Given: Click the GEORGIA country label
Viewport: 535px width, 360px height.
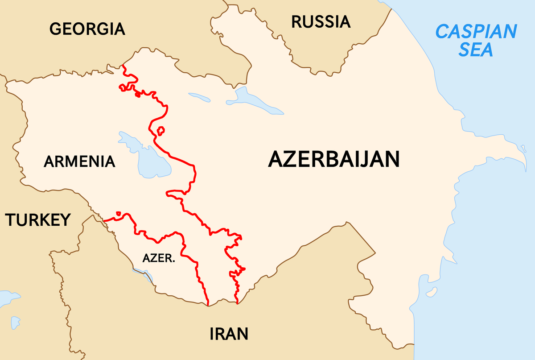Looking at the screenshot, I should point(87,29).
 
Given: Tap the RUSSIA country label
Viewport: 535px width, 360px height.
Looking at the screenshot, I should point(321,21).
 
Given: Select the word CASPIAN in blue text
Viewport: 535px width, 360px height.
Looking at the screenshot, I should point(476,32).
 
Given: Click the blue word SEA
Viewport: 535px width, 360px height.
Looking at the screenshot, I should point(476,50).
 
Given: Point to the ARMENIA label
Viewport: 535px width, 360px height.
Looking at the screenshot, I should point(79,161).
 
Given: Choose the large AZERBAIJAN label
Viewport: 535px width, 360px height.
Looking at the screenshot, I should point(333,159).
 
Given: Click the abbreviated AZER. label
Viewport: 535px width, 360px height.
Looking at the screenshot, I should point(158,258).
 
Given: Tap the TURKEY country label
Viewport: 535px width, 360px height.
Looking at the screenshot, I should point(38,219).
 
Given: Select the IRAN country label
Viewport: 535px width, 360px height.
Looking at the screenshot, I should point(228,333).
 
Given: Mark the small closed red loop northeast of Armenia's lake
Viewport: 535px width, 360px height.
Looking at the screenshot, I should point(161,130).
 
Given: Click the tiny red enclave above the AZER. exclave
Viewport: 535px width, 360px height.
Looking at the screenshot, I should point(118,213).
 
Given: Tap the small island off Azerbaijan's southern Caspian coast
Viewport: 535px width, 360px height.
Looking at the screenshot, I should point(431,293).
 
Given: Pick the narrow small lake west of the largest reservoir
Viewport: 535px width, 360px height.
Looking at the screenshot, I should point(200,96).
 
